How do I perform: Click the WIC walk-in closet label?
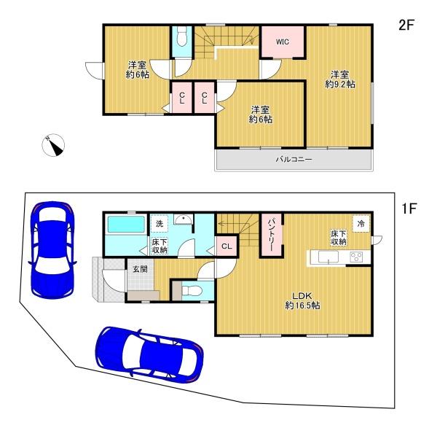pyautogui.click(x=283, y=42)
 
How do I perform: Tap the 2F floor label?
pyautogui.click(x=406, y=26)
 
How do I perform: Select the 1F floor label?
pyautogui.click(x=409, y=209)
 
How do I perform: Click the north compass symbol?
pyautogui.click(x=53, y=145)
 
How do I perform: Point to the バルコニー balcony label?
pyautogui.click(x=294, y=160)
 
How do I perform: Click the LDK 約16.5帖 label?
pyautogui.click(x=302, y=300)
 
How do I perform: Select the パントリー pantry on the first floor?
pyautogui.click(x=272, y=236)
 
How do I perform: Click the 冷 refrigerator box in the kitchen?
pyautogui.click(x=361, y=223)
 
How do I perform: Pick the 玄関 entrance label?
pyautogui.click(x=140, y=270)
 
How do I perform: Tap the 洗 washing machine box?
pyautogui.click(x=159, y=224)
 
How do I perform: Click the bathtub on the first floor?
pyautogui.click(x=126, y=225)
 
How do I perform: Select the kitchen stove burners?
pyautogui.click(x=356, y=257)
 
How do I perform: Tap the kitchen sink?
pyautogui.click(x=328, y=257)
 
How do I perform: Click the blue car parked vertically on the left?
pyautogui.click(x=52, y=249)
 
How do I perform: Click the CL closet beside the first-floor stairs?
pyautogui.click(x=227, y=246)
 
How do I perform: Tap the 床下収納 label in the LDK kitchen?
pyautogui.click(x=339, y=238)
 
